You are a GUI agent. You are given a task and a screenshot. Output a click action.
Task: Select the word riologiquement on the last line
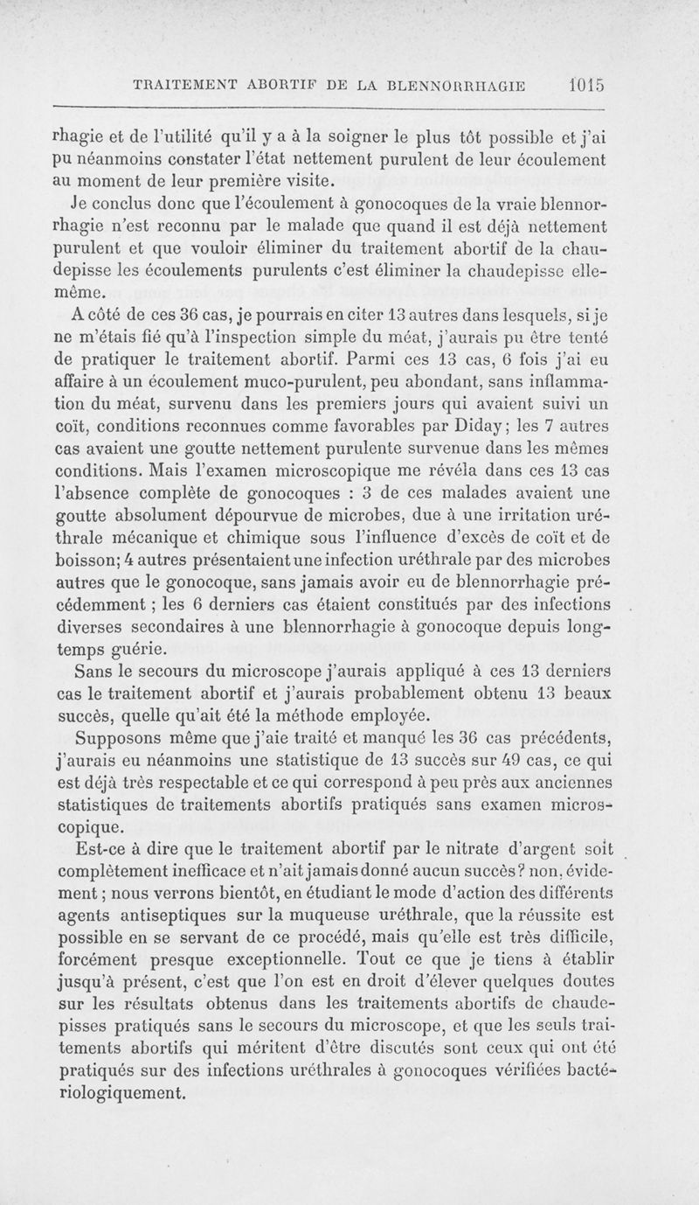[x=121, y=1093]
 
